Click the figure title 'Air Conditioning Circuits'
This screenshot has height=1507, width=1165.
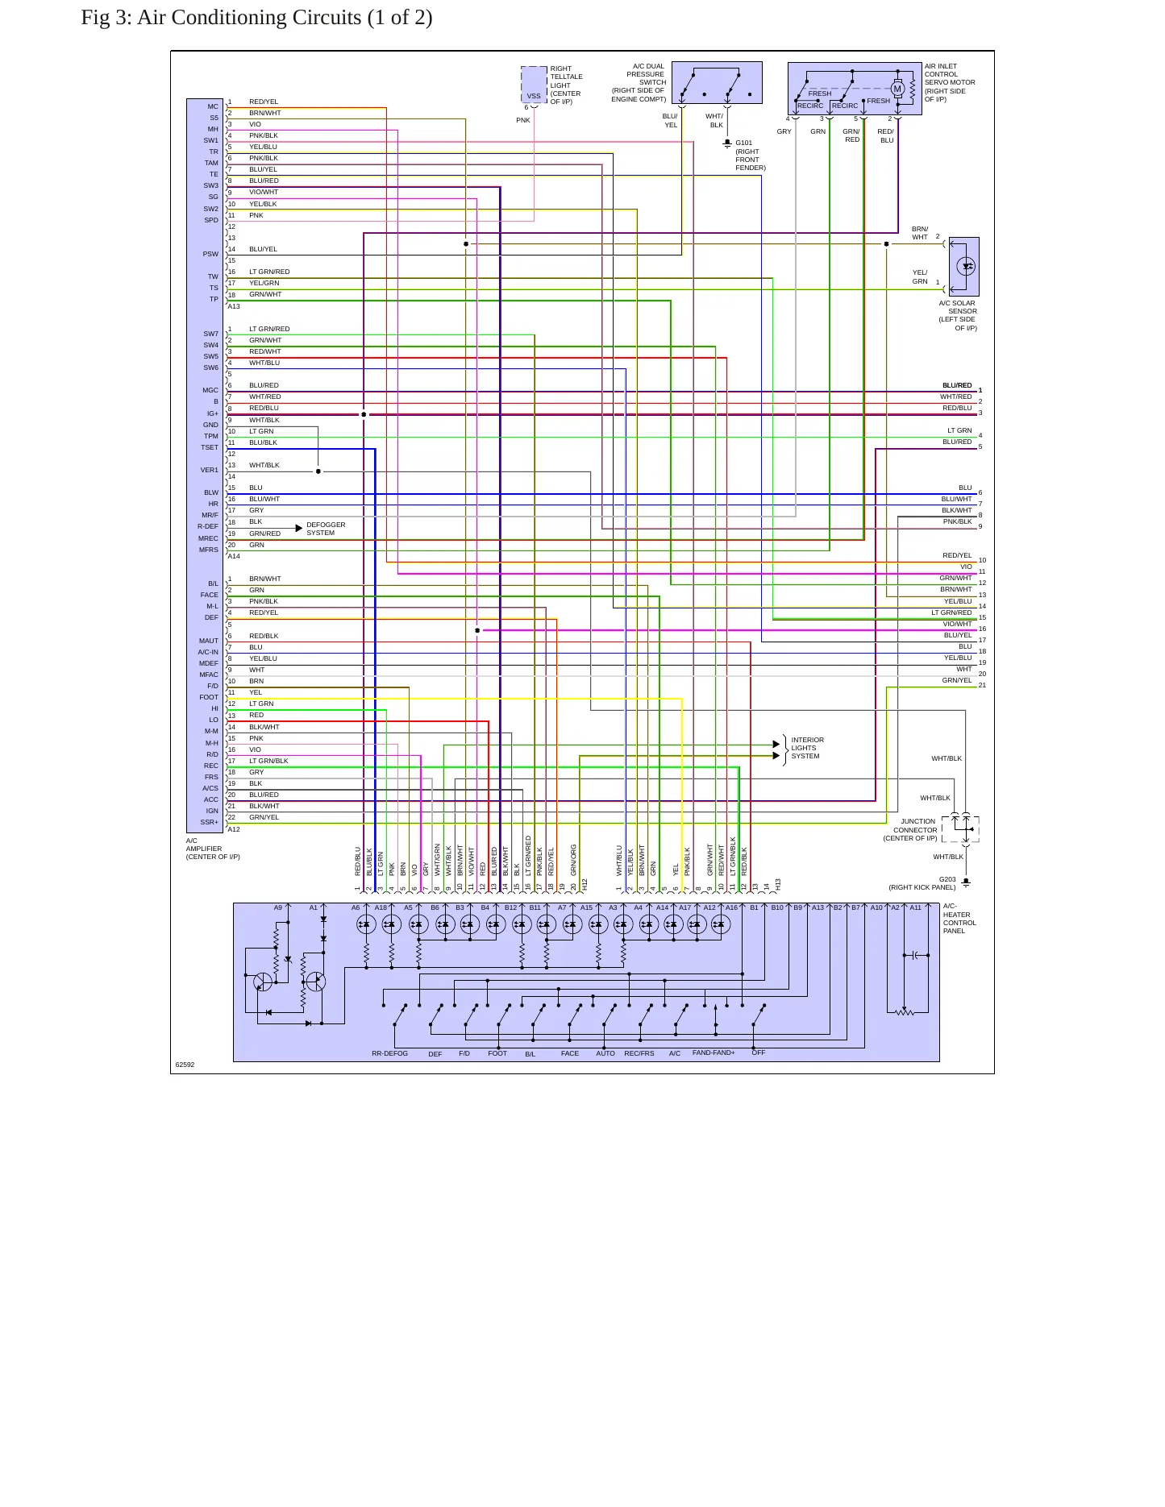[x=249, y=18]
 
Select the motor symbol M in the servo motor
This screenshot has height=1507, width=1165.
[x=897, y=89]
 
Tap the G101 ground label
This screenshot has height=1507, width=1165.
[x=743, y=143]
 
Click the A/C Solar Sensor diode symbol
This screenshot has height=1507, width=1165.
[x=966, y=266]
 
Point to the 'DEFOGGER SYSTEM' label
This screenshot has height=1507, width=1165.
[x=326, y=529]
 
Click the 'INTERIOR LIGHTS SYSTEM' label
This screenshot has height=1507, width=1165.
[x=807, y=748]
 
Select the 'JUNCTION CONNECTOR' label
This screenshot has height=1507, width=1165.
[x=917, y=826]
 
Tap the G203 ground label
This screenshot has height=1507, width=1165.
[x=947, y=879]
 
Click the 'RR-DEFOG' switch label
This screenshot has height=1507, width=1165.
[x=389, y=1053]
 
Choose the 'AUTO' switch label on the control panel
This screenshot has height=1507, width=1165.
[x=605, y=1053]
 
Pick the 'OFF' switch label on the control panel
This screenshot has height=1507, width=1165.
[x=759, y=1052]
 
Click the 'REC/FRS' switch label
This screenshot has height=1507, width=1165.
[x=639, y=1053]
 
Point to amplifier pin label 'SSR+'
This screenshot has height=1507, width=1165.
[x=209, y=822]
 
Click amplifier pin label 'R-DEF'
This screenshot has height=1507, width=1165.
[x=208, y=526]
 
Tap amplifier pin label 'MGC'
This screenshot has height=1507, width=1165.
[x=210, y=390]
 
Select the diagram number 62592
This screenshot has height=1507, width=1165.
[x=185, y=1065]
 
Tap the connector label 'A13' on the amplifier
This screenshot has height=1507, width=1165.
[x=234, y=306]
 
